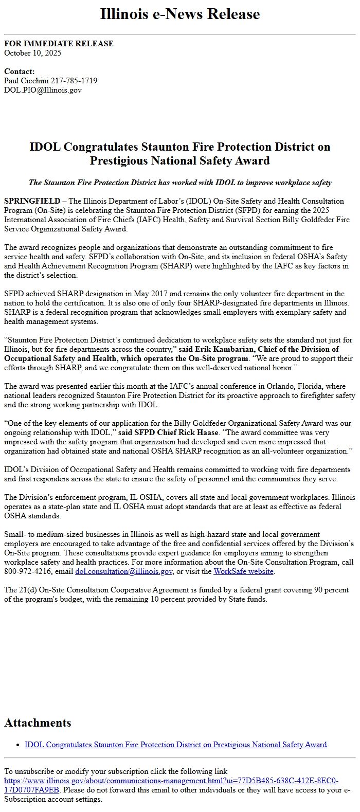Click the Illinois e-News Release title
coord(180,14)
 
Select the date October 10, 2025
coord(33,52)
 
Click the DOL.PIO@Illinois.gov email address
coord(43,90)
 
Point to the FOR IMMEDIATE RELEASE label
coord(59,44)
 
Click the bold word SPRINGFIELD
coord(31,201)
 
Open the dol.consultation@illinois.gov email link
coord(124,571)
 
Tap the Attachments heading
coord(38,723)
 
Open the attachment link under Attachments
coord(175,745)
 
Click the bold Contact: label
coord(19,71)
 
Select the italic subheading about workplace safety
coord(180,183)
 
